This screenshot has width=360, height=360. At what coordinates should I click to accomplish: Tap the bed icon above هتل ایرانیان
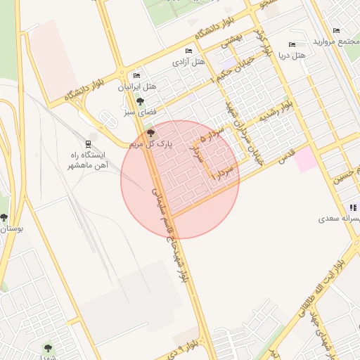136,76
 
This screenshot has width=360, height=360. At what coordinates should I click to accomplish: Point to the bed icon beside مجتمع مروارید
336,31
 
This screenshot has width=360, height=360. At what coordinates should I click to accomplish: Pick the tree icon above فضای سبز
141,101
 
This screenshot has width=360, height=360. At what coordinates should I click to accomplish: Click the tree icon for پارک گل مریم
150,133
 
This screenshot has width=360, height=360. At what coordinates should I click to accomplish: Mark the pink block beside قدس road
305,160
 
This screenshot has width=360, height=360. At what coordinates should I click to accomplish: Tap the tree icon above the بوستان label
4,218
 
